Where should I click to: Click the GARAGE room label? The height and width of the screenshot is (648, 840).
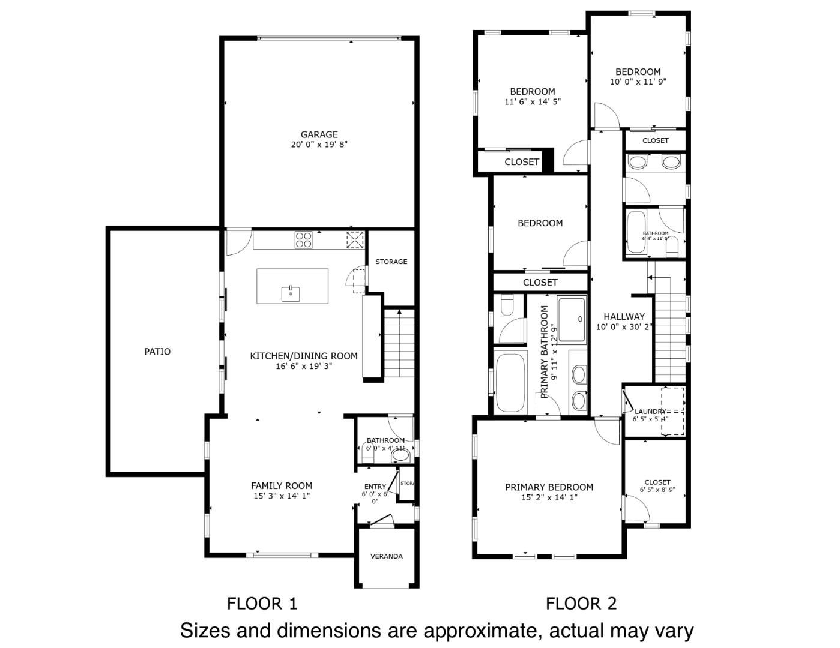pos(319,134)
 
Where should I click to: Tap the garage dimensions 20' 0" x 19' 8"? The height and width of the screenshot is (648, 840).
pos(319,145)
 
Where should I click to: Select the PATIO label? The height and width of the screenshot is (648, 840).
pos(157,352)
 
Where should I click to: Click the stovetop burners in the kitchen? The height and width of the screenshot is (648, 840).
pos(303,240)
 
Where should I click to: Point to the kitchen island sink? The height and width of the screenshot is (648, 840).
pos(291,293)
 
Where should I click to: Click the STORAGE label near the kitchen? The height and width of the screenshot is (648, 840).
pos(391,262)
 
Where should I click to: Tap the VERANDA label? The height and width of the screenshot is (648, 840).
pos(386,556)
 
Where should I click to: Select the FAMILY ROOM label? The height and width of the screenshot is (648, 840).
pos(281,485)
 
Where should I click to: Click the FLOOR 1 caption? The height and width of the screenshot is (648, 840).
pos(262,604)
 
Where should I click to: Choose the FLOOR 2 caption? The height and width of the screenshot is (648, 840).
pos(581,604)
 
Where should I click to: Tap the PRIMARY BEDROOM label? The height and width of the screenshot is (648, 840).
pos(549,487)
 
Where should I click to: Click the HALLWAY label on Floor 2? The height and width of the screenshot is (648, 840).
pos(624,316)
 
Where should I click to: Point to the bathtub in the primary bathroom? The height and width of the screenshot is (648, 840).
pos(511,382)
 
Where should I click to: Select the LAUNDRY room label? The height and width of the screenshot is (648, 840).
pos(650,412)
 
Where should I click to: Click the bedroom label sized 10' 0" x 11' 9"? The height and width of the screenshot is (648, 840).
pos(638,71)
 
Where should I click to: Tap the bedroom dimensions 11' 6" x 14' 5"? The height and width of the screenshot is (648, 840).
pos(532,102)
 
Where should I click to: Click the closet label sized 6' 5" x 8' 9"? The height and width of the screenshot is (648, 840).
pos(657,482)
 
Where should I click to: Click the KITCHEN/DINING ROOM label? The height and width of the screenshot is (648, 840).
pos(303,356)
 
